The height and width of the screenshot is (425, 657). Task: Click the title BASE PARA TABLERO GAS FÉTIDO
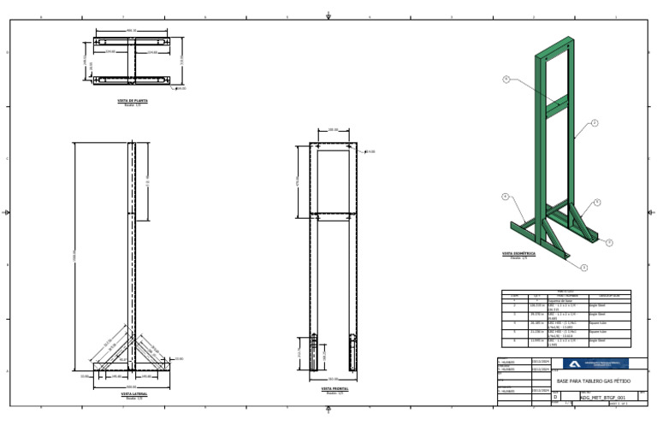(x=588, y=381)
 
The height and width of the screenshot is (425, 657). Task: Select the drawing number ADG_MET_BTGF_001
(x=597, y=398)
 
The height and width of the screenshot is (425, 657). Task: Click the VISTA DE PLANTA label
(x=133, y=101)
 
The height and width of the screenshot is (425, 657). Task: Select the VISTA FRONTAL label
(x=334, y=389)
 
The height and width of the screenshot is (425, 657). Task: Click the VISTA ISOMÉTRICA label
(x=518, y=253)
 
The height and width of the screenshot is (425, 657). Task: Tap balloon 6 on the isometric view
(x=506, y=80)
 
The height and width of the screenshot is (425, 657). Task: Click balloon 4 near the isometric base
(x=506, y=197)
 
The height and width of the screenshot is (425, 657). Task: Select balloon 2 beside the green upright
(x=595, y=123)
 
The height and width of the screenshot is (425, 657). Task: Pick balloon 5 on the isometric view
(x=597, y=203)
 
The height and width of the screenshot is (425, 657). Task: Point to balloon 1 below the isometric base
(x=584, y=268)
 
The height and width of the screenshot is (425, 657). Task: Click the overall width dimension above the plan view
(x=132, y=31)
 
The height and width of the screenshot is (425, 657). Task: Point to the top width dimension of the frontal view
(x=334, y=131)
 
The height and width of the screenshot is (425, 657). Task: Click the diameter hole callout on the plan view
(x=181, y=88)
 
